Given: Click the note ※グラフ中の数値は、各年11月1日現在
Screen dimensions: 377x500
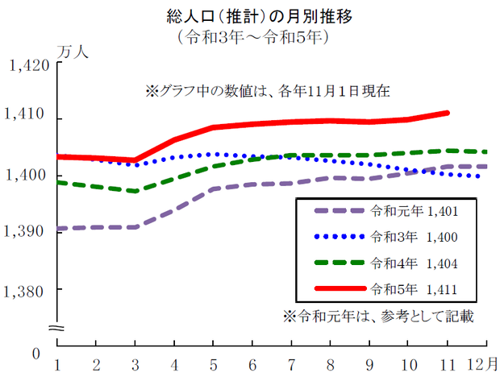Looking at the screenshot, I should (x=267, y=91).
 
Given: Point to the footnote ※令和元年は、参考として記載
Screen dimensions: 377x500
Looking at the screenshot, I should (x=376, y=316).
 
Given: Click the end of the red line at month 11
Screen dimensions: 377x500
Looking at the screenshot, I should (x=447, y=113).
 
